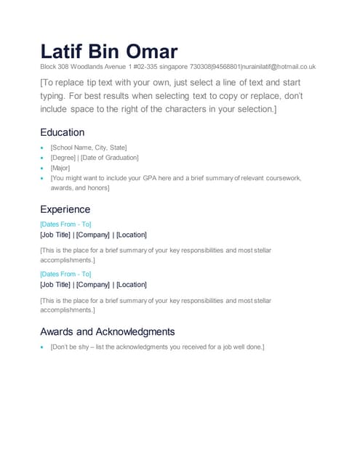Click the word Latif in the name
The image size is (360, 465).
(61, 52)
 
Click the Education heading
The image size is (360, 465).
(62, 132)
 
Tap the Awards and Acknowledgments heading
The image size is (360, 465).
(107, 331)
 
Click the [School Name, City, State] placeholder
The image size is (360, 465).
(89, 147)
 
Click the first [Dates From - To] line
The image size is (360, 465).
(65, 224)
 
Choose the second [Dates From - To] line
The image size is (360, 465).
(65, 274)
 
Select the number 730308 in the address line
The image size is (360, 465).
(200, 66)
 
